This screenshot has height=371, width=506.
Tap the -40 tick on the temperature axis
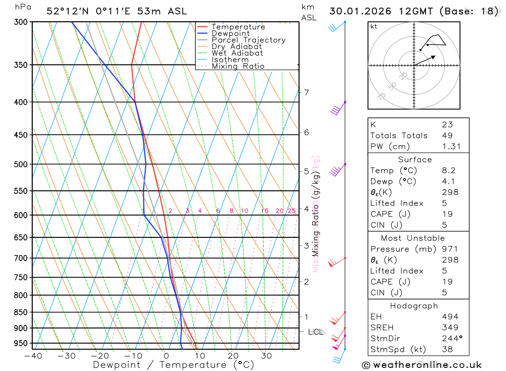pos(32,356)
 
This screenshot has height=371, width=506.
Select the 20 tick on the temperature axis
pos(233,356)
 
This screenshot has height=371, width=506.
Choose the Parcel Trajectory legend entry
pos(248,40)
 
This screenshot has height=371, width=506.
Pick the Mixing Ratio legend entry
pos(238,66)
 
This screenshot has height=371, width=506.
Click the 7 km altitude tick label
pos(306,92)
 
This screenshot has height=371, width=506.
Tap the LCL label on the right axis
pos(315,332)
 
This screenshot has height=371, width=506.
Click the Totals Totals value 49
pos(447,136)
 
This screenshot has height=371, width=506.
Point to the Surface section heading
pos(414,159)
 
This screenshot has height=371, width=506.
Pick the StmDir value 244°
pos(450,339)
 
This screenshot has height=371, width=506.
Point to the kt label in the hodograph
pos(374,26)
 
